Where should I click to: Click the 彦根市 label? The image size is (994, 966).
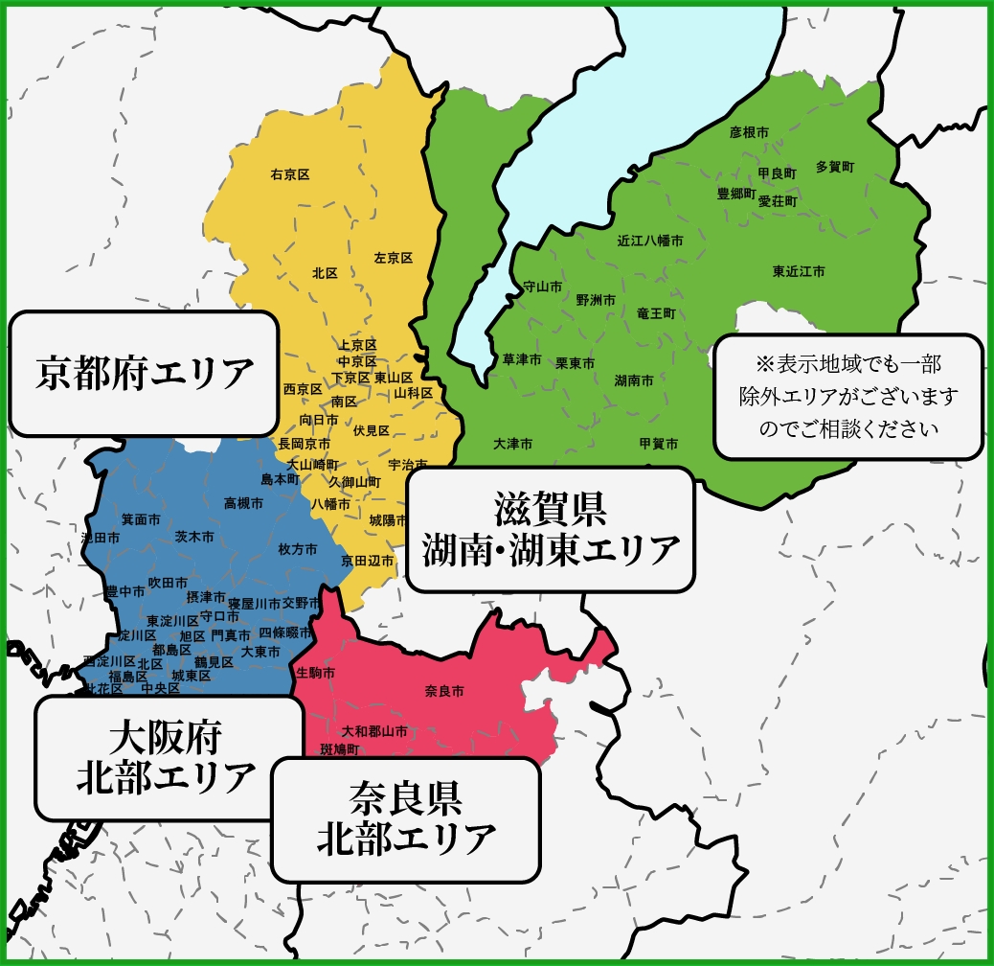pos(749,132)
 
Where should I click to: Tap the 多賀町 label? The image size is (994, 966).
pos(835,167)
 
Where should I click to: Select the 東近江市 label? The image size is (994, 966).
pos(799,272)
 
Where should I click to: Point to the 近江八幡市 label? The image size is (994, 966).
pos(650,241)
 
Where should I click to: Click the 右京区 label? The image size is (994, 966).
pos(290,174)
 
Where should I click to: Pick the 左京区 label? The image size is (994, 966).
pos(393,258)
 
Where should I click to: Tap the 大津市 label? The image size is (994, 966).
pos(513,445)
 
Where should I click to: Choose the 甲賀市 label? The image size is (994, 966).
pos(658,444)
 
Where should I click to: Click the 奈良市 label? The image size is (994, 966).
pos(443,690)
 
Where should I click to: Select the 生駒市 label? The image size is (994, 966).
pos(316,673)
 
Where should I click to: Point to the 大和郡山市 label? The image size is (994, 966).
pos(368,731)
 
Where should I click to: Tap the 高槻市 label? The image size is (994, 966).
pos(243,502)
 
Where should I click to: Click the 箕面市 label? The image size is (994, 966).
pos(140,519)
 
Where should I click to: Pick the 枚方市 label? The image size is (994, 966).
pos(297,550)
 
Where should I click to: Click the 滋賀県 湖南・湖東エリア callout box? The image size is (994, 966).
pos(551,530)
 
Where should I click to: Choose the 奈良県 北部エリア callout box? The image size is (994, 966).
pos(406,819)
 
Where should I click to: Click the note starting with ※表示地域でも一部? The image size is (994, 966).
pos(848,397)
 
